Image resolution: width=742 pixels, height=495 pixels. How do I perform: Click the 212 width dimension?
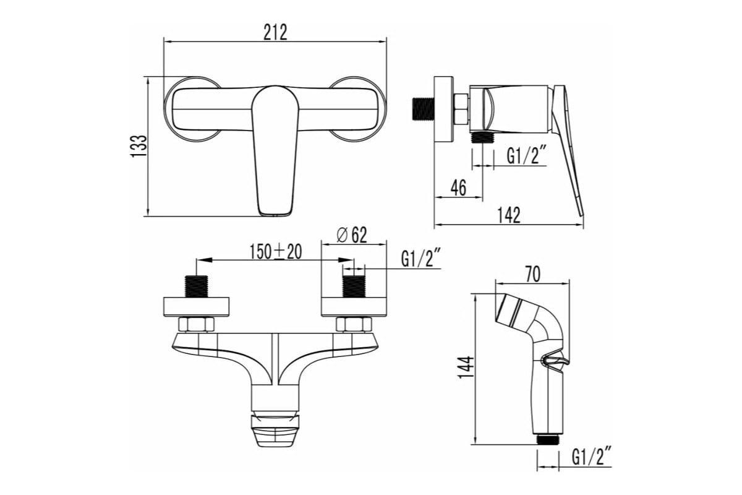pos(275,33)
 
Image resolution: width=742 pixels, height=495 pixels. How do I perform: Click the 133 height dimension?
pos(139,146)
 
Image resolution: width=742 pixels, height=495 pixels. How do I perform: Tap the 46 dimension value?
pos(458,187)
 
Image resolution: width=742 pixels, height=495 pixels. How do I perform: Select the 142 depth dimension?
pos(509,215)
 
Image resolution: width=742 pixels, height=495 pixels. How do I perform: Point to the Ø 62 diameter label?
pos(352,235)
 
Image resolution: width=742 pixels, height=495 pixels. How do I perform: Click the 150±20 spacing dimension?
pos(276,252)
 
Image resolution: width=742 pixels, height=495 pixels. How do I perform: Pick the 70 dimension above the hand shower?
pos(533,274)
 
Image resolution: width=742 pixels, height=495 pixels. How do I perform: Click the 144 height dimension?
pos(466,368)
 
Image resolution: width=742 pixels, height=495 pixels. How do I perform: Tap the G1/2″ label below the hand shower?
pos(591,457)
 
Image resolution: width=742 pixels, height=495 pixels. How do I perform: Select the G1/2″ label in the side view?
pos(526,156)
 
